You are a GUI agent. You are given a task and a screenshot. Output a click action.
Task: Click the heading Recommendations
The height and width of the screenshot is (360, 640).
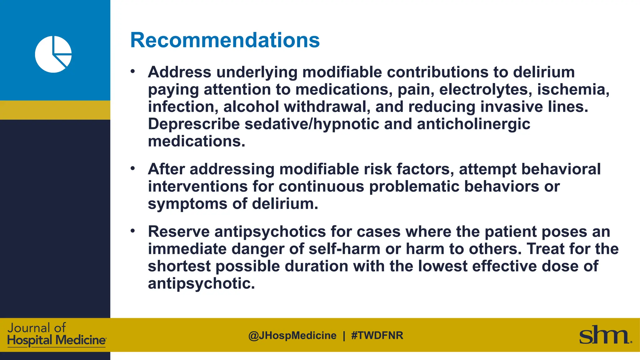tap(225, 40)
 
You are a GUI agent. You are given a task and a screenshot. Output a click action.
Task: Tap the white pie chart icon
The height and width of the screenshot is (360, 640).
tap(53, 54)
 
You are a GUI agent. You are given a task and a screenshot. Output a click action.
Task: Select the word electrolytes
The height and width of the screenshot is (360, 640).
tap(486, 89)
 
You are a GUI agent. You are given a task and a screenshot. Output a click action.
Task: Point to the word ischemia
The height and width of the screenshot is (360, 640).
tap(573, 89)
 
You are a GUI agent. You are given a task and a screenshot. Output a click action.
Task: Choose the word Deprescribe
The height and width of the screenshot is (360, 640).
tap(194, 124)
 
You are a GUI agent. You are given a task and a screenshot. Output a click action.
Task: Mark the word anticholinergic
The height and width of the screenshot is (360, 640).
tap(473, 124)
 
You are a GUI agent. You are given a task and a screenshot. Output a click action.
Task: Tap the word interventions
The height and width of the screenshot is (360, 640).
tap(198, 187)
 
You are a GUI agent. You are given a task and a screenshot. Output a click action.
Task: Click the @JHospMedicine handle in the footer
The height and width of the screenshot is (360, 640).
tap(292, 336)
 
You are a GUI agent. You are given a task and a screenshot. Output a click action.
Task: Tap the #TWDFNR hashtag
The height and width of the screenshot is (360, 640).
tap(377, 336)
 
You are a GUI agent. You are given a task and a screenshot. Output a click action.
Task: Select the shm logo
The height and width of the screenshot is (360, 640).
tap(605, 335)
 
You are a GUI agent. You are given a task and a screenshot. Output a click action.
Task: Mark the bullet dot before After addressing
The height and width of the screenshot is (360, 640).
tap(133, 169)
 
